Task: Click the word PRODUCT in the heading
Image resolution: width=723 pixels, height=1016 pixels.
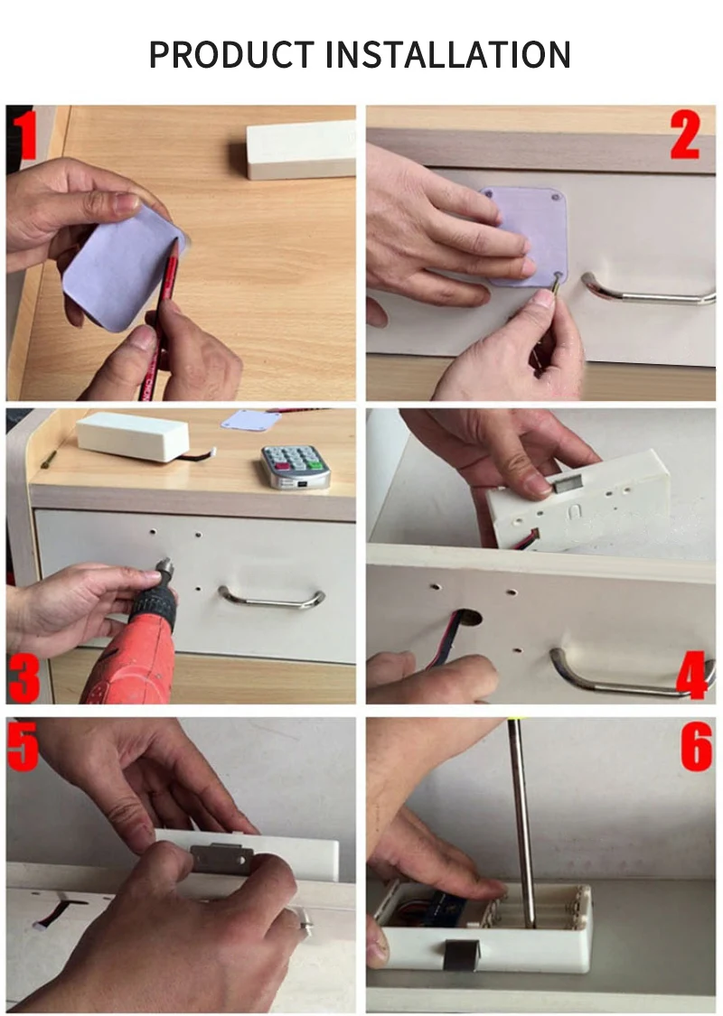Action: click(x=231, y=54)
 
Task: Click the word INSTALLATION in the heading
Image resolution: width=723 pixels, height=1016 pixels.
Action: click(x=447, y=54)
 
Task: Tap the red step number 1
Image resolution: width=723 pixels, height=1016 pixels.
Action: click(x=24, y=135)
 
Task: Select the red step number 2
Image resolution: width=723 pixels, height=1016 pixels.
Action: click(x=685, y=135)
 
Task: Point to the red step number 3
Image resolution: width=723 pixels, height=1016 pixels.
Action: click(x=24, y=678)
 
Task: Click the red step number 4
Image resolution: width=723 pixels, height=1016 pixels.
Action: click(x=692, y=676)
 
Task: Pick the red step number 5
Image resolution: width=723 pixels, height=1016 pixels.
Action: click(x=23, y=747)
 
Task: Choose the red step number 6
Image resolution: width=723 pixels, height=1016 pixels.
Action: click(x=697, y=747)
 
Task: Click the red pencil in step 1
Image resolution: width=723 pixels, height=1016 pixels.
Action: click(x=160, y=318)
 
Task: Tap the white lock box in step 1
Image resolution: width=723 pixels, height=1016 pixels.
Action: click(x=301, y=150)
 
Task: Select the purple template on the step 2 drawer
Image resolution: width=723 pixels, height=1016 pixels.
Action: click(x=524, y=237)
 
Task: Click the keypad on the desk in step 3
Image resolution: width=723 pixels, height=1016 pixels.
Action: click(x=296, y=467)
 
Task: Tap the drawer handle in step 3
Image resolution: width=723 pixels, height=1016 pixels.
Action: click(x=272, y=598)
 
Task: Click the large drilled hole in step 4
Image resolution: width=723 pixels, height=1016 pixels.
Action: click(x=466, y=618)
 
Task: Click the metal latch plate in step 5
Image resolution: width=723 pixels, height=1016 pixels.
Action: click(x=221, y=858)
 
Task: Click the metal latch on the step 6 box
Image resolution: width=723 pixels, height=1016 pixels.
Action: click(x=462, y=955)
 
